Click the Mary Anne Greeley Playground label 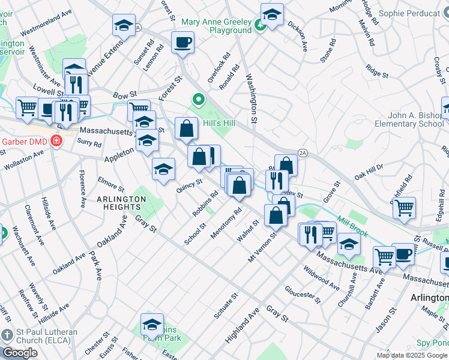[217, 25]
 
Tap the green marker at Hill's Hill [197, 100]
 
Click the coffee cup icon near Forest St [182, 43]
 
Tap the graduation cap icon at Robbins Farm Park [152, 324]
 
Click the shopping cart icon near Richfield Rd [404, 208]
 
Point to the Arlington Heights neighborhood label [117, 203]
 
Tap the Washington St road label [253, 100]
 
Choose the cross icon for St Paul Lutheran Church [7, 335]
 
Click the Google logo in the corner [20, 353]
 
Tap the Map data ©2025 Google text [412, 355]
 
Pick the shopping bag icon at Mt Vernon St [276, 215]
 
